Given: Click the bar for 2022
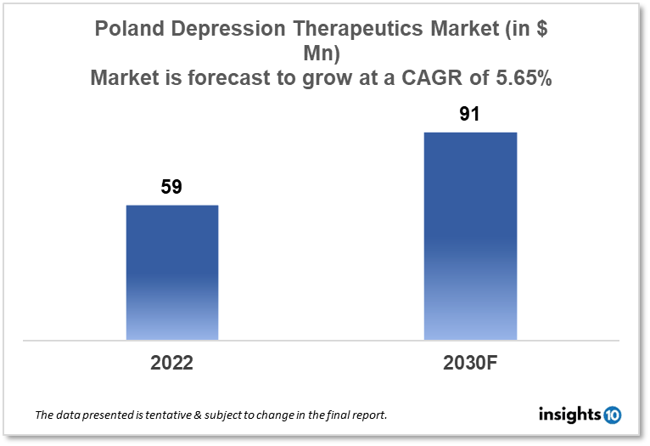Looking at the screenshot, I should (x=172, y=272).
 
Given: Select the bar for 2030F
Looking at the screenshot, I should (x=470, y=235).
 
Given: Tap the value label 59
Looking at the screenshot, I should (x=172, y=187).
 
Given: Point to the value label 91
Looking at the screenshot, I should (x=470, y=114).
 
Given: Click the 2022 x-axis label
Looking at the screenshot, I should (x=172, y=363).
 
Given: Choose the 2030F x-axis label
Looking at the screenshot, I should (x=470, y=363).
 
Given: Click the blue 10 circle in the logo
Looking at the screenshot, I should (x=612, y=415).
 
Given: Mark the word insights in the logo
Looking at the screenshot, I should (x=569, y=415).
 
